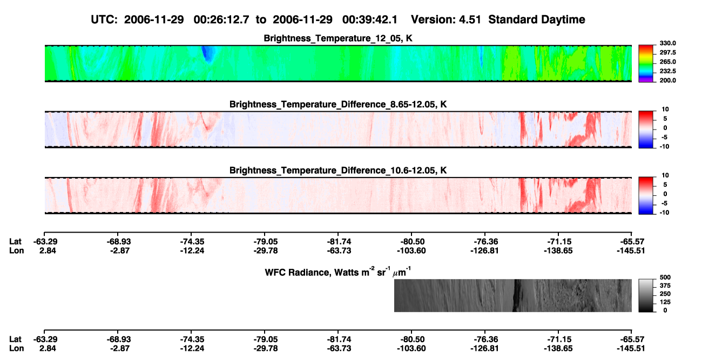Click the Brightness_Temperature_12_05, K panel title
tap(338, 38)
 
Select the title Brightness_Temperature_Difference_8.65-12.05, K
tap(338, 104)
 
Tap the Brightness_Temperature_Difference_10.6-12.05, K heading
tap(338, 171)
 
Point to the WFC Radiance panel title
tap(338, 272)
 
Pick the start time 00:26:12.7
tap(221, 19)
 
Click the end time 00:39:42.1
tap(370, 19)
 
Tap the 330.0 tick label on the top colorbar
tap(667, 43)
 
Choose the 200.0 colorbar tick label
tap(667, 80)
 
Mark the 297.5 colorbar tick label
tap(667, 52)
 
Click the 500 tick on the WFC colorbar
tap(665, 277)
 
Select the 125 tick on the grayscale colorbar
tap(665, 302)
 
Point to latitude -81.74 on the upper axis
tap(339, 242)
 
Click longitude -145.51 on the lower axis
tap(631, 349)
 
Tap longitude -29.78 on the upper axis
tap(266, 250)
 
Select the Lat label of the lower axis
tap(15, 339)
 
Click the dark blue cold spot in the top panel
tap(207, 54)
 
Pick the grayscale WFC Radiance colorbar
tap(646, 295)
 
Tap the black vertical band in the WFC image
tap(516, 295)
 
